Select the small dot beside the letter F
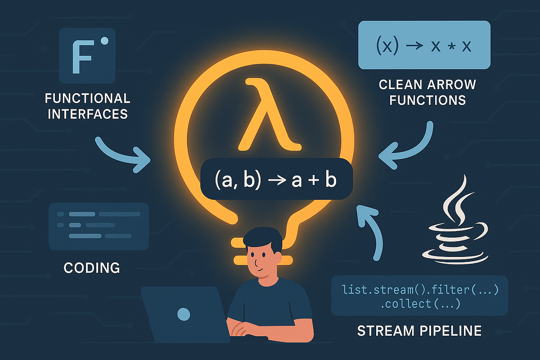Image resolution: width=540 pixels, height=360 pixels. [x=105, y=41]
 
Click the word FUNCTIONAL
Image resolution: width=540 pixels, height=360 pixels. [x=88, y=98]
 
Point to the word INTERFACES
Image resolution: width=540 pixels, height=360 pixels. [x=88, y=113]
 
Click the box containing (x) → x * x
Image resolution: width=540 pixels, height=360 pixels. [x=423, y=45]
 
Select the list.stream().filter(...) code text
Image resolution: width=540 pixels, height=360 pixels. [x=419, y=289]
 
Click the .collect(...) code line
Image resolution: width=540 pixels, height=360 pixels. [x=420, y=304]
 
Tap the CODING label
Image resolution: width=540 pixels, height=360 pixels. [x=92, y=268]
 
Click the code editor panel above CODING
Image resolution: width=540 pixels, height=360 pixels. [x=99, y=226]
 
